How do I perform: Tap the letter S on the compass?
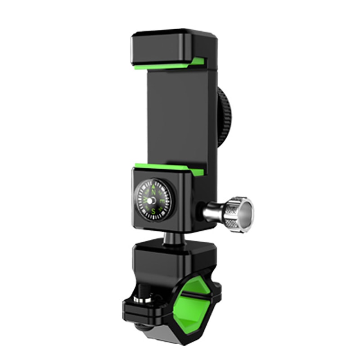click(153, 210)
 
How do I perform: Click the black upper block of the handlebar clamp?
click(171, 261)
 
